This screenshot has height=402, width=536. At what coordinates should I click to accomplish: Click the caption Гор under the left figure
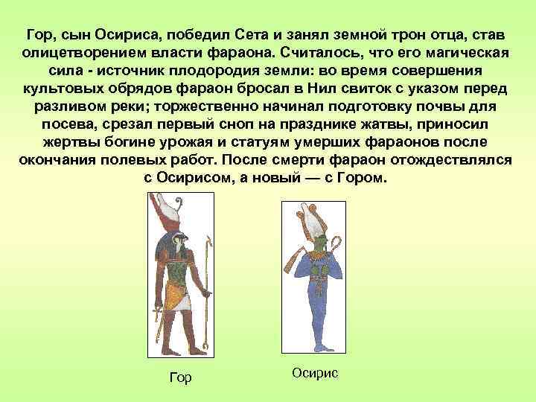[x=181, y=378]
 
